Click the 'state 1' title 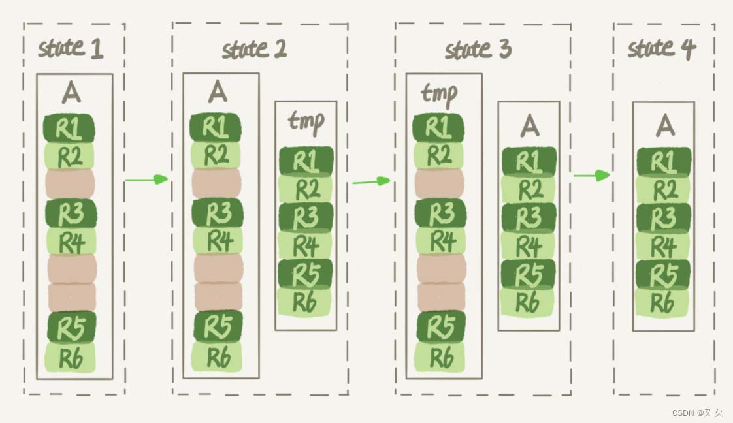(71, 49)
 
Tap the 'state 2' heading (254, 50)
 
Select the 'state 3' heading (478, 50)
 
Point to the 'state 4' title (662, 49)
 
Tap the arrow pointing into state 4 (592, 175)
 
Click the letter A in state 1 (72, 93)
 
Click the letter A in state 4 (665, 124)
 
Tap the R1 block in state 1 (69, 129)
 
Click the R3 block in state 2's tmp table (306, 217)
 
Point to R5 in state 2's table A (218, 326)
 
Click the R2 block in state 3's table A (530, 189)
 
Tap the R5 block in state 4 (663, 274)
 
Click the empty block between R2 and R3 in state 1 (71, 184)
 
